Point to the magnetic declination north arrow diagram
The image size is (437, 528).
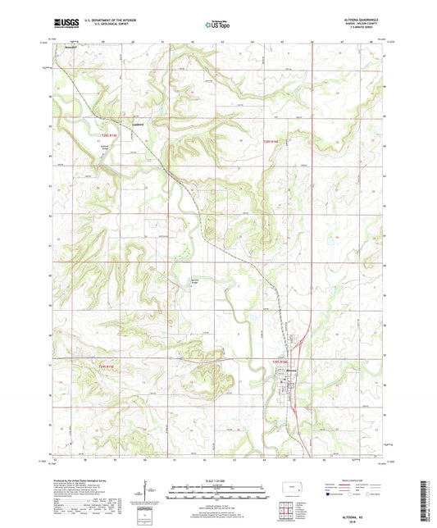[151, 490]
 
